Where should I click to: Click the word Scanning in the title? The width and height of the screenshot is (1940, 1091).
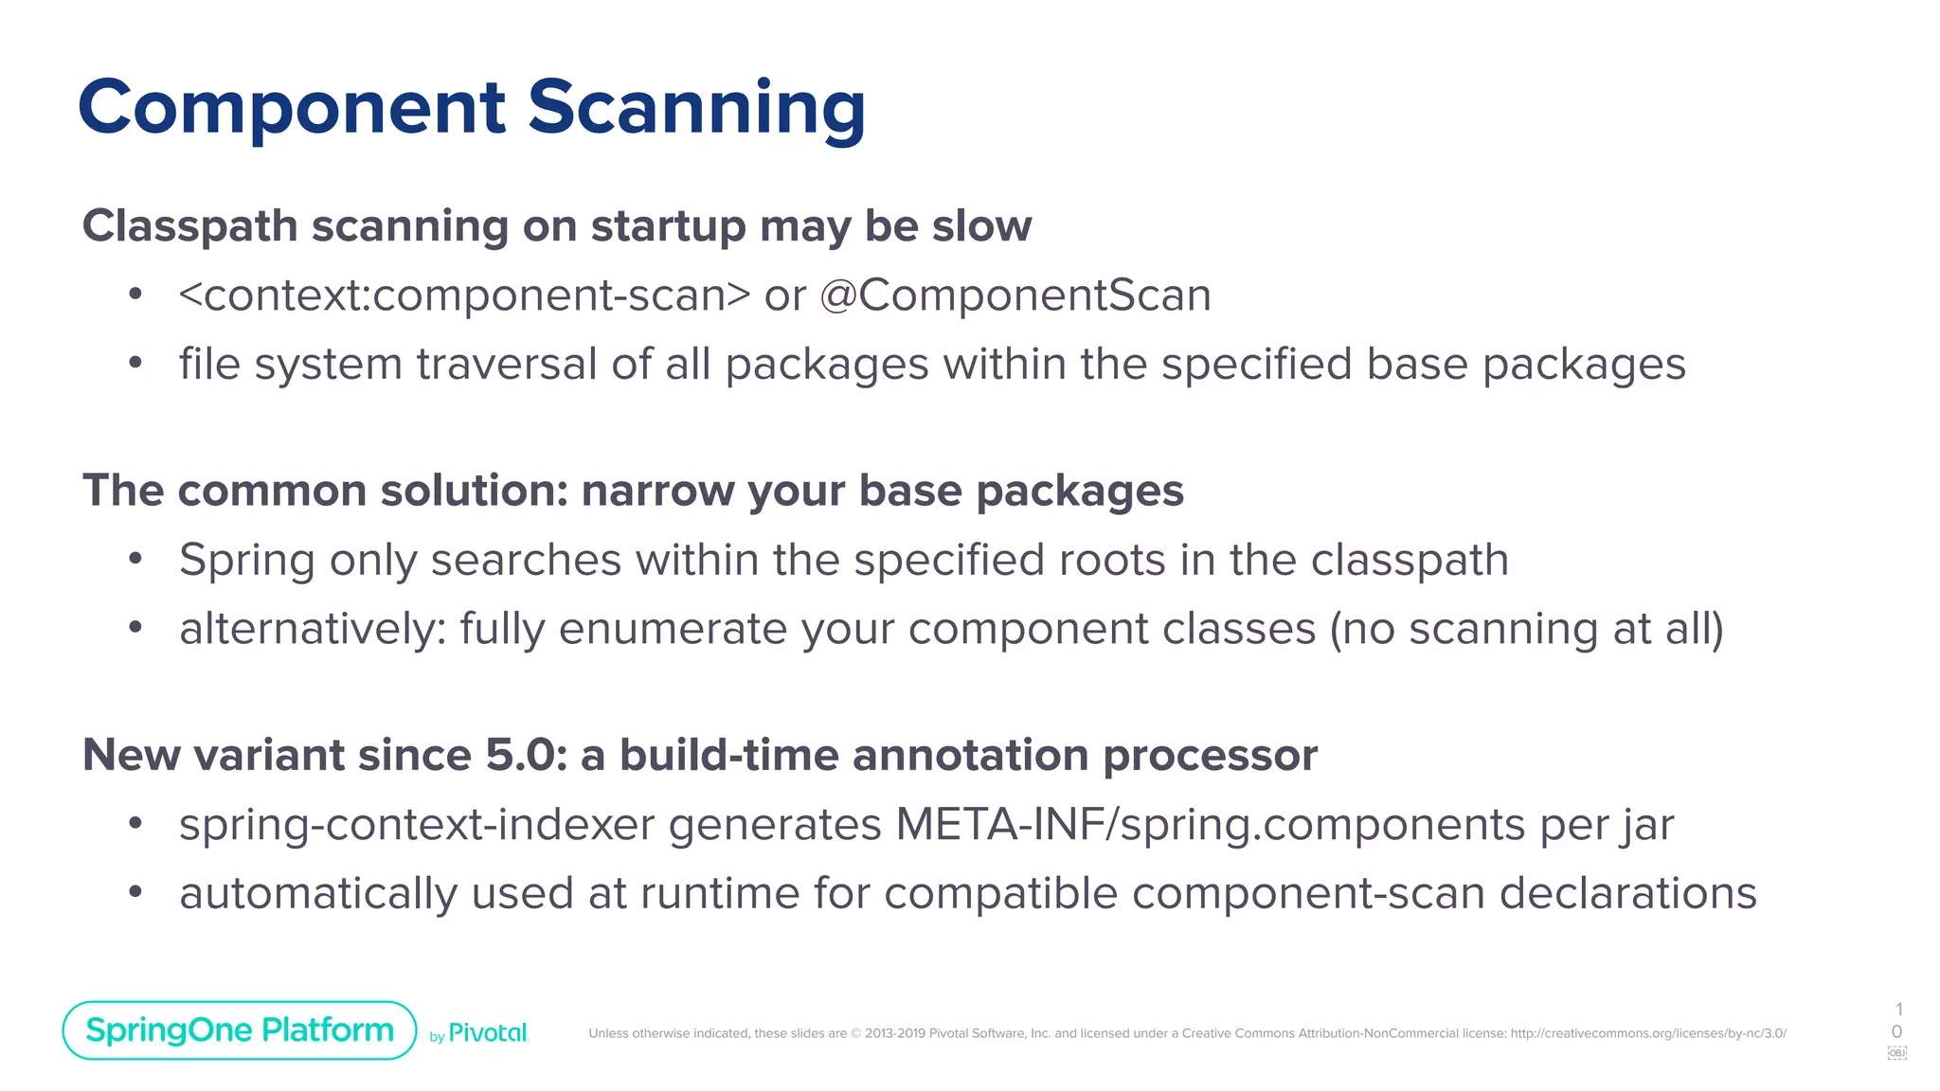pyautogui.click(x=696, y=108)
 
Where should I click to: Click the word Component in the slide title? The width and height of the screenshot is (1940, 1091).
pyautogui.click(x=292, y=108)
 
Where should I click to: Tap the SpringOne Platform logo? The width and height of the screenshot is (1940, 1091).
pyautogui.click(x=240, y=1030)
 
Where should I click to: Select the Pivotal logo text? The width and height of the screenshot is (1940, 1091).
pyautogui.click(x=487, y=1033)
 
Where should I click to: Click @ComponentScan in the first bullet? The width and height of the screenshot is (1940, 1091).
pyautogui.click(x=1015, y=295)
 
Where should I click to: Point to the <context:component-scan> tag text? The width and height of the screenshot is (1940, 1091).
pyautogui.click(x=464, y=295)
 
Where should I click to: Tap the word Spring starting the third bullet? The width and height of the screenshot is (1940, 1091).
pyautogui.click(x=246, y=561)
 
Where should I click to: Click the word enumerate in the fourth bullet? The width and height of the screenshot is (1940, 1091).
pyautogui.click(x=673, y=630)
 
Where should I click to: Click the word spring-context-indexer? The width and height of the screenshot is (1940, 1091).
pyautogui.click(x=417, y=825)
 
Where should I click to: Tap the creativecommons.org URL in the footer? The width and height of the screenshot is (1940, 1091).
pyautogui.click(x=1648, y=1033)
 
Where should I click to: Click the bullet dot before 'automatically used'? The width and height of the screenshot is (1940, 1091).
pyautogui.click(x=135, y=892)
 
